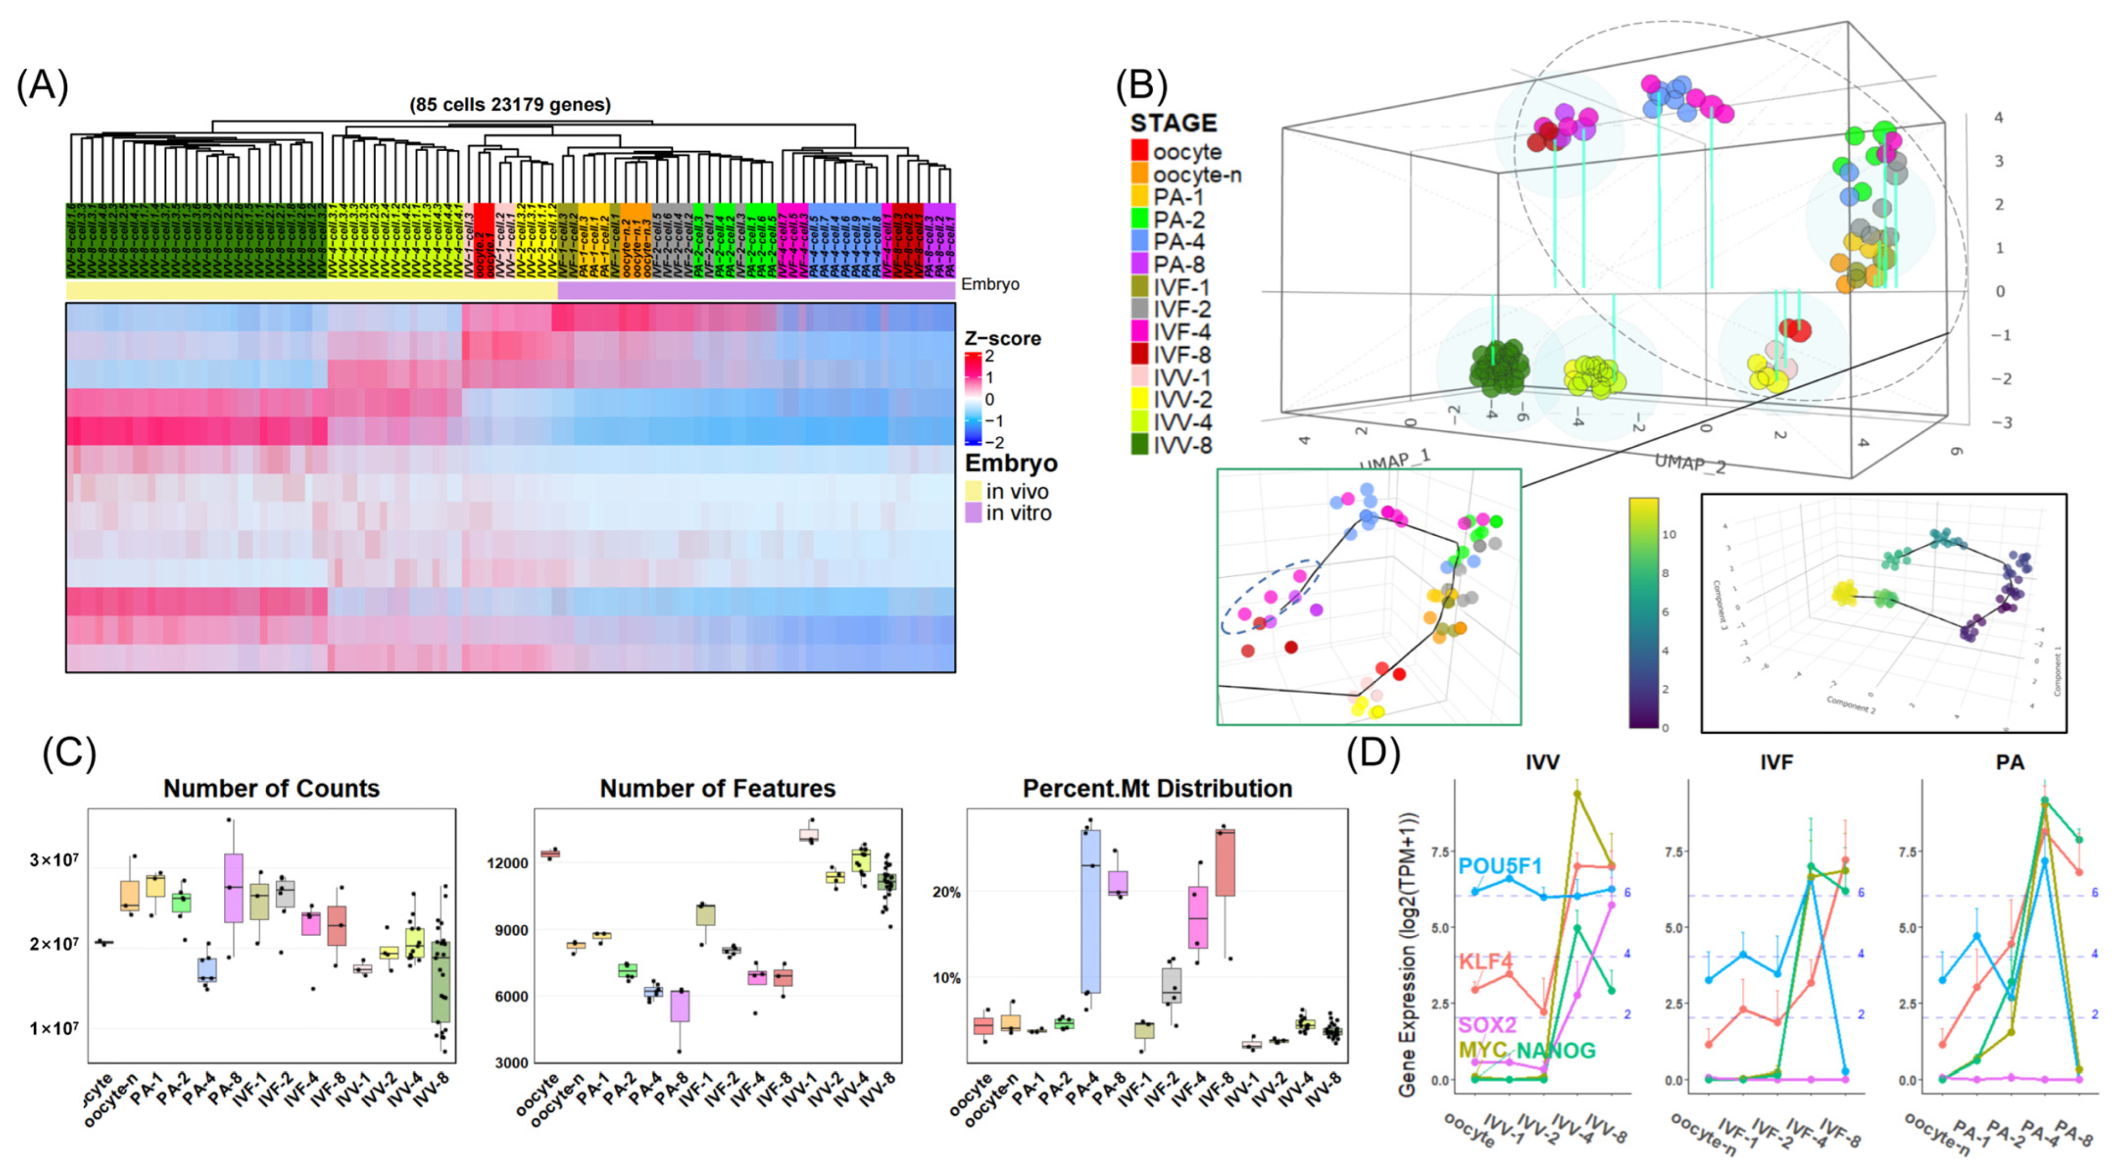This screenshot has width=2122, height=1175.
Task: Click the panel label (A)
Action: (x=42, y=86)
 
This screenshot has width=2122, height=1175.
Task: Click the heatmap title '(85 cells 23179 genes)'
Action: (x=510, y=105)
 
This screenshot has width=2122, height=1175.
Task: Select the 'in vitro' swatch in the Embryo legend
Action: (x=973, y=513)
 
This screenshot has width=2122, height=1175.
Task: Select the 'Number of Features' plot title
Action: (x=717, y=788)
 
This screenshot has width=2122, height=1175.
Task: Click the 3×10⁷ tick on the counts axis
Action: (x=54, y=860)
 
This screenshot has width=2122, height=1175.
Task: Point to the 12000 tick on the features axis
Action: (x=507, y=862)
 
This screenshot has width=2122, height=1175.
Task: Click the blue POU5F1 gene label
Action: (x=1500, y=866)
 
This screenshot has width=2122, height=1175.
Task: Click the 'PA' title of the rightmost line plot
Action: (x=2009, y=762)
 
